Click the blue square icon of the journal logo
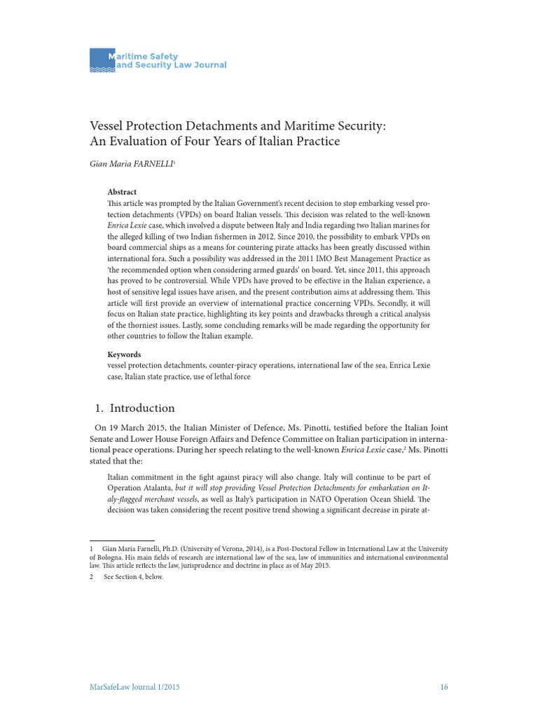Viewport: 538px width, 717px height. [x=101, y=60]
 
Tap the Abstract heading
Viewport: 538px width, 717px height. [x=122, y=192]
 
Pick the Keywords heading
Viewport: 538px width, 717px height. [x=124, y=354]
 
